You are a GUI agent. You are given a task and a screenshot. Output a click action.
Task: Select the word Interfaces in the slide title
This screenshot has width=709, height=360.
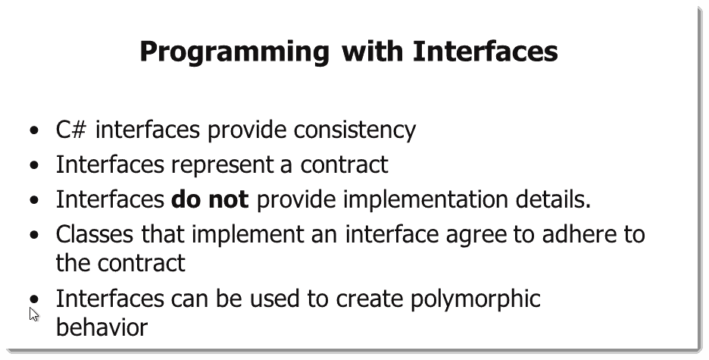point(486,51)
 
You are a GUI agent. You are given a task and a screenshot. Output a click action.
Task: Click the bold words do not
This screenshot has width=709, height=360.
point(210,199)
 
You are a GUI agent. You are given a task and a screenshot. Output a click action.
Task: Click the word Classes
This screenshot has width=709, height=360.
point(95,234)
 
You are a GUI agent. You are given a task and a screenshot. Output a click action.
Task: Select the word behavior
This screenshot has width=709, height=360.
point(102,327)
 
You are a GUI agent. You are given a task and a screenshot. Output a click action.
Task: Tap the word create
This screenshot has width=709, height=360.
point(370,299)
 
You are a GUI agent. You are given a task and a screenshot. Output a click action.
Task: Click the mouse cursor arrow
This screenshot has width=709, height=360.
point(34,315)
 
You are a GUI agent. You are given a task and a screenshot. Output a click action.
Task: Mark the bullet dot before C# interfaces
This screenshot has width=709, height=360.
point(34,130)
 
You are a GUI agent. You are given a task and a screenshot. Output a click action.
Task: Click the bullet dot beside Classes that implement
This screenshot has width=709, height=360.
point(34,235)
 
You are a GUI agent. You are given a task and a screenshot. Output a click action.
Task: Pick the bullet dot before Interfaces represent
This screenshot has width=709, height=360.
point(34,165)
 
